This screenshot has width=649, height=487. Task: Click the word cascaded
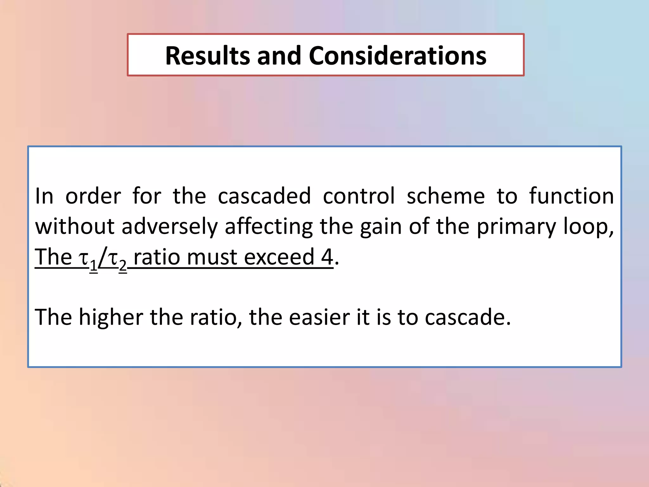coord(264,196)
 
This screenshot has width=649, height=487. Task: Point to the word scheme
coord(446,196)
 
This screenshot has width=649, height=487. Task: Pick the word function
coord(571,196)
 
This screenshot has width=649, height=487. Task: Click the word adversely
coord(170,226)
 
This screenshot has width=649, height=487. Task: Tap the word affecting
coord(269,226)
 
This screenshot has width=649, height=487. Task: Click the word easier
coord(319,317)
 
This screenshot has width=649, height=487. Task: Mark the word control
coord(359,196)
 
